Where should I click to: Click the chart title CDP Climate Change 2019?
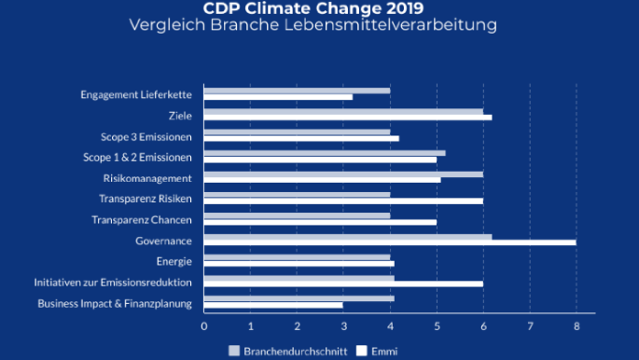319,8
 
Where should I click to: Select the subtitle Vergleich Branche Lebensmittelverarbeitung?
319,25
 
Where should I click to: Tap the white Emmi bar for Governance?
390,242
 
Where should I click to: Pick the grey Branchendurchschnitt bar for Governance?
348,236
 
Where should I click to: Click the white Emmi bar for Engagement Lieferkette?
278,97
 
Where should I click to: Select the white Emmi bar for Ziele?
348,118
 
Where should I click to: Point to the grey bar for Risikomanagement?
343,173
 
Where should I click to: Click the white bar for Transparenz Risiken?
343,201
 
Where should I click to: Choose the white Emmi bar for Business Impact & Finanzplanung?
273,305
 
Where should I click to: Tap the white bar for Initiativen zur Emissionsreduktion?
343,284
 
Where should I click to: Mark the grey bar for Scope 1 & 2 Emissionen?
325,153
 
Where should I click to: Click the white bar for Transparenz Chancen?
320,222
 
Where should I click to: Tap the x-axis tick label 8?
576,326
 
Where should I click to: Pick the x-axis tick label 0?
204,326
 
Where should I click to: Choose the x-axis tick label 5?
437,326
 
